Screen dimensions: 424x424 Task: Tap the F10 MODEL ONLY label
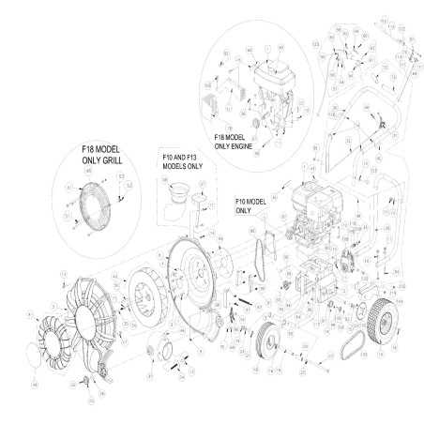(x=251, y=205)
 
